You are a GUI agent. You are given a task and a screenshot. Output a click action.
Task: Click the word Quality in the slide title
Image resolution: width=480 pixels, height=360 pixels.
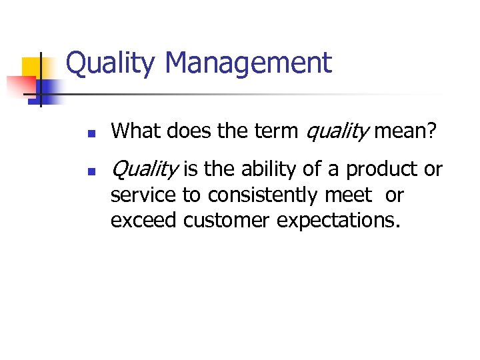tap(111, 64)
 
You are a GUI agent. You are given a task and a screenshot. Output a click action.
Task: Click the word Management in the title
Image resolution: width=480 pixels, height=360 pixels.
tap(247, 64)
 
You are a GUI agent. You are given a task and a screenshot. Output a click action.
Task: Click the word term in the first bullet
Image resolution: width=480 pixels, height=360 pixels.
tap(274, 132)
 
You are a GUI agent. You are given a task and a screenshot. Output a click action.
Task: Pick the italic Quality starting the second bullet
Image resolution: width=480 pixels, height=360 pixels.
tap(144, 170)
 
